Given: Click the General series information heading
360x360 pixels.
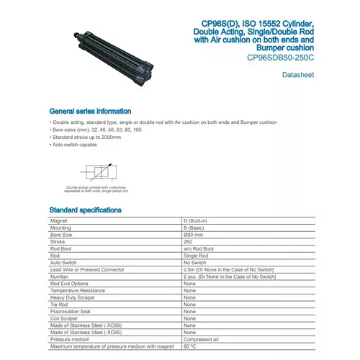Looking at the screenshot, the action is tap(90, 112).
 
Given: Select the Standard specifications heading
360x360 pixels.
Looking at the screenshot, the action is tap(85, 210).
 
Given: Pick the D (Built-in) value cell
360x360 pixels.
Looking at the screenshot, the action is tap(197, 221).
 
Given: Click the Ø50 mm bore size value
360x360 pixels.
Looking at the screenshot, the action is tap(195, 235).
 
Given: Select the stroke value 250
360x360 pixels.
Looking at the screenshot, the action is tap(189, 242).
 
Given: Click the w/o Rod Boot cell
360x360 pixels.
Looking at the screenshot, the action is tap(198, 248).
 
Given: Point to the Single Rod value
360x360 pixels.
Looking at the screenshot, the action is tap(197, 256).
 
